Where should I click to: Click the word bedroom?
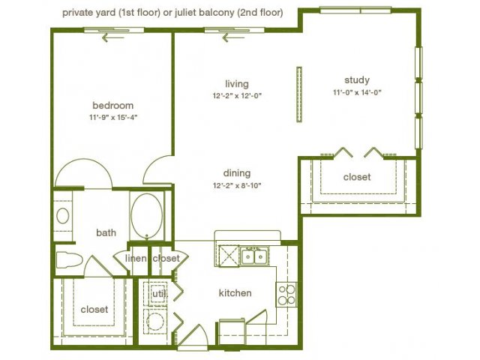(x=113, y=106)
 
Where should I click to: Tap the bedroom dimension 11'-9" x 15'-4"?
(x=113, y=117)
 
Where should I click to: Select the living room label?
(x=237, y=84)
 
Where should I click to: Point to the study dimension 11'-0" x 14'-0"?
(x=357, y=92)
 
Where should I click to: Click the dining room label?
(x=237, y=173)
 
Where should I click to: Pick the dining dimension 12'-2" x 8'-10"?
(x=237, y=185)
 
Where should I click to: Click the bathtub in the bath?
(x=147, y=215)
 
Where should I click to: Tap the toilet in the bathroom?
(x=70, y=260)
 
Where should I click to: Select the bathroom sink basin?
(x=63, y=216)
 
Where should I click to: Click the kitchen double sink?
(x=254, y=256)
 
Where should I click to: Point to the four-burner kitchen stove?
(x=286, y=295)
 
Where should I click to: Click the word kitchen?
(x=235, y=293)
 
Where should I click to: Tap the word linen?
(x=136, y=259)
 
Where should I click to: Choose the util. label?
(x=160, y=294)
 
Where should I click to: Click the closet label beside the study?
(x=357, y=177)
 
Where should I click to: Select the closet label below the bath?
(x=94, y=310)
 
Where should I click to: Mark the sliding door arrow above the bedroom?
(x=113, y=38)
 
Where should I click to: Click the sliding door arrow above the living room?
(x=233, y=38)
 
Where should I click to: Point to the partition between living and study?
(x=299, y=94)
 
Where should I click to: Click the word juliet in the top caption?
(x=184, y=13)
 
